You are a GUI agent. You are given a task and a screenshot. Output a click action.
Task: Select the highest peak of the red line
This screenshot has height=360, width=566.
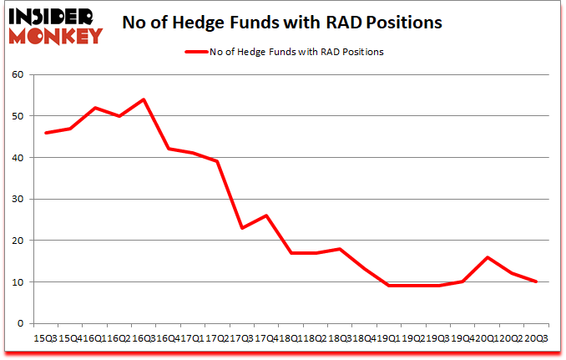point(143,99)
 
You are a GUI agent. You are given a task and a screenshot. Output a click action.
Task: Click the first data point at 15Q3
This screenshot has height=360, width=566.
point(45,133)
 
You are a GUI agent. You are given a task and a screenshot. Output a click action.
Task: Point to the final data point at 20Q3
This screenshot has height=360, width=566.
point(536,281)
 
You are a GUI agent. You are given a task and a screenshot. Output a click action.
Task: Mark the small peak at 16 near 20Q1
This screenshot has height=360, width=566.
point(487,257)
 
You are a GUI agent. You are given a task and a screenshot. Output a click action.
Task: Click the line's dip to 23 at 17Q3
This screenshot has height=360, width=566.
point(241,228)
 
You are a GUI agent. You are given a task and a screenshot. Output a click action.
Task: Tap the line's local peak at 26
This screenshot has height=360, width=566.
point(265,215)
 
